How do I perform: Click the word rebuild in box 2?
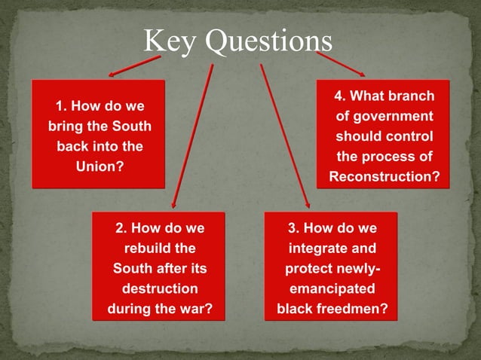point(159,247)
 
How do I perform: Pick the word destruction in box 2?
point(159,288)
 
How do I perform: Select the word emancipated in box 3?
point(332,288)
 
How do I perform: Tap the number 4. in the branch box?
point(341,96)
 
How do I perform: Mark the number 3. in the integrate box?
point(295,227)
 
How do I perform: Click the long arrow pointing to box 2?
point(193,136)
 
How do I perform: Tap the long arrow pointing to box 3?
point(284,136)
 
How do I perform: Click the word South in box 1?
point(132,125)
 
